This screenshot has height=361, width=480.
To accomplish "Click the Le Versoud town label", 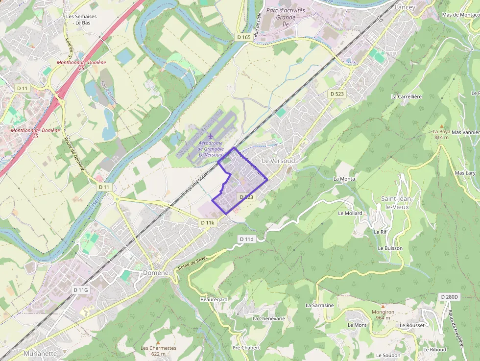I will click(278, 161).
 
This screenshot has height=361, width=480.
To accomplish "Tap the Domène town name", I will click(156, 273).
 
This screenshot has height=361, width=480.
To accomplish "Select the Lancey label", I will click(405, 7).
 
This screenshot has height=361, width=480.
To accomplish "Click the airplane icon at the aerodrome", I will click(211, 136).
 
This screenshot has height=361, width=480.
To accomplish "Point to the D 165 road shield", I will click(243, 37).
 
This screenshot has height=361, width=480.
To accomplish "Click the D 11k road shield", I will click(208, 222).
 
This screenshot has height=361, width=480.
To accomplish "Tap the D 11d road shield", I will click(247, 239).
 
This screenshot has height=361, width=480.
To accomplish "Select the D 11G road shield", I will click(81, 290).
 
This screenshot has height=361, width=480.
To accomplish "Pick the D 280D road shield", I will click(449, 297).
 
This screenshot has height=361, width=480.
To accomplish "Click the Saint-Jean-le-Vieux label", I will click(397, 202).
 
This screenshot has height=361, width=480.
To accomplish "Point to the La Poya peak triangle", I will click(441, 126).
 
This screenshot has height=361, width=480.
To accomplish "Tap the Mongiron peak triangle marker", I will click(383, 306).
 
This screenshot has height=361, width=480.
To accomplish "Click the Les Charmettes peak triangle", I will click(158, 342).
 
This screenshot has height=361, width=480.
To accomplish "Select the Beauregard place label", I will click(214, 299).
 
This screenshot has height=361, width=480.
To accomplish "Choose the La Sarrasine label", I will click(319, 305).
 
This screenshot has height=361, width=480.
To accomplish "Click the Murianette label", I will click(40, 353).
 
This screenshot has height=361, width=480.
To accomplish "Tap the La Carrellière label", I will click(407, 96).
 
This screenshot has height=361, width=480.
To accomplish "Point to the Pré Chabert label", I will click(246, 348).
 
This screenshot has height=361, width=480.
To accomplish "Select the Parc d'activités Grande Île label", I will click(286, 16).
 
